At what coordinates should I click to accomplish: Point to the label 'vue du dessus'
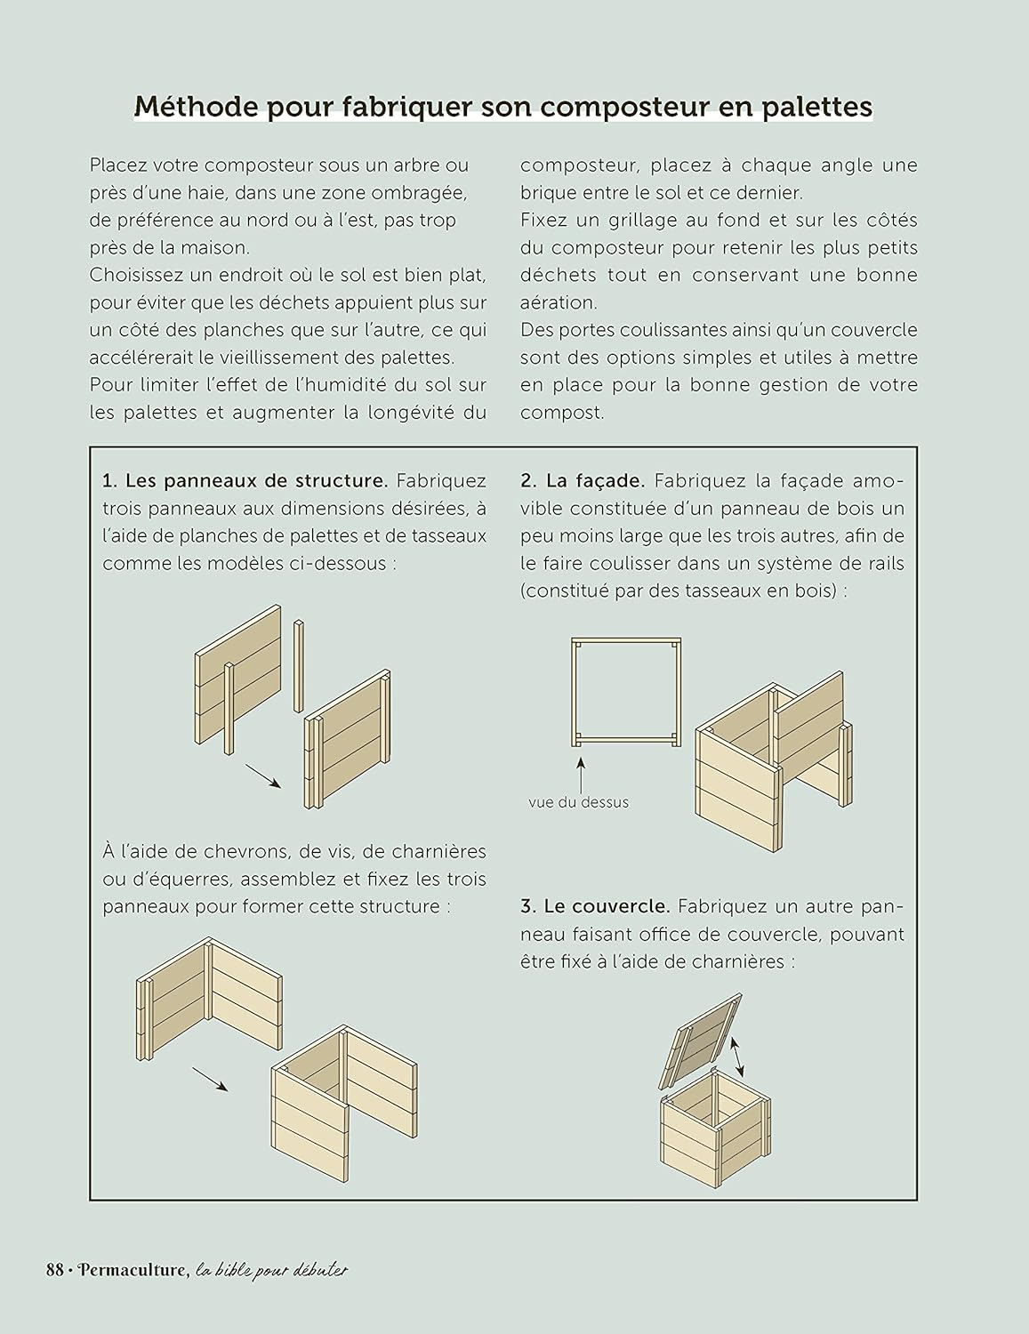click(x=578, y=802)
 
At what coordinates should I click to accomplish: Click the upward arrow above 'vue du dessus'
click(x=581, y=773)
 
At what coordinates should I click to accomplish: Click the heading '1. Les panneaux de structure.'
click(x=245, y=481)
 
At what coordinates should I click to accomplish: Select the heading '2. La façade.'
click(x=583, y=481)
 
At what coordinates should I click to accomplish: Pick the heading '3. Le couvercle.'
click(x=595, y=906)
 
